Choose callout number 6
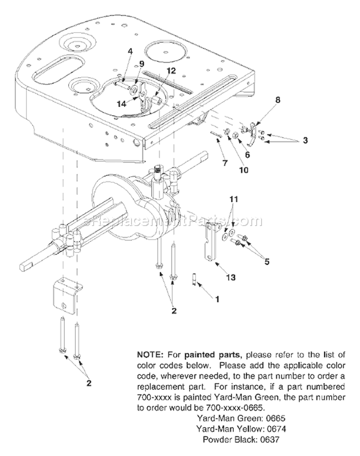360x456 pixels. click(x=248, y=155)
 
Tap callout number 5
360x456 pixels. click(x=266, y=262)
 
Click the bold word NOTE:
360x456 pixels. click(x=150, y=355)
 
